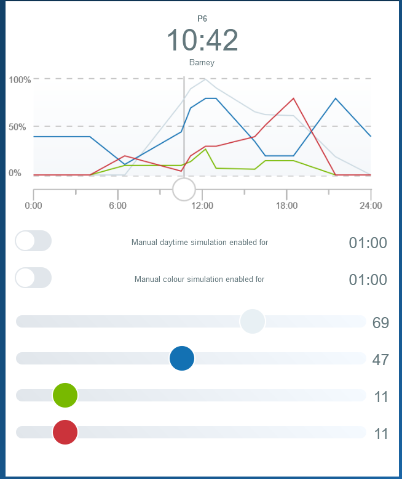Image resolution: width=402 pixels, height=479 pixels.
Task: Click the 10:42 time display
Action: point(202,41)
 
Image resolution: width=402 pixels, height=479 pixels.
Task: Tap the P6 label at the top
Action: point(202,18)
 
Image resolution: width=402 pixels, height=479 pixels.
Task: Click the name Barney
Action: point(202,62)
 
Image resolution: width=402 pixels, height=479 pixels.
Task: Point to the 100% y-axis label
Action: point(20,80)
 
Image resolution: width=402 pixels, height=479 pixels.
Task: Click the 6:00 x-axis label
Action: point(117,206)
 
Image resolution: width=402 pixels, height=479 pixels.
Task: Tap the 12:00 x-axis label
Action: point(202,206)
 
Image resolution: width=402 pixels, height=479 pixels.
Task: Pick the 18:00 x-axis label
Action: point(287,206)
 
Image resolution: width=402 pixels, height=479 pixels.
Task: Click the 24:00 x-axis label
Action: point(371,206)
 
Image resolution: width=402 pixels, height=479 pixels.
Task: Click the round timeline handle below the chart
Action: point(184,189)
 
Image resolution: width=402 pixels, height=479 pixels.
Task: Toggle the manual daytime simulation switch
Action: point(33,241)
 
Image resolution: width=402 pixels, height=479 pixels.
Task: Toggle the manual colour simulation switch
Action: point(33,278)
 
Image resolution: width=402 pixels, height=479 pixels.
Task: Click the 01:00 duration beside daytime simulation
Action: point(368,243)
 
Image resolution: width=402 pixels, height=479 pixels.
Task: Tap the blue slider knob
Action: point(182,358)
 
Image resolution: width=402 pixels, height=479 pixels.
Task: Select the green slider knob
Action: point(65,395)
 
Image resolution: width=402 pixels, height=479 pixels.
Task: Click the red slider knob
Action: point(65,432)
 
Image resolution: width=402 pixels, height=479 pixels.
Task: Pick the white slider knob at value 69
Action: point(253,321)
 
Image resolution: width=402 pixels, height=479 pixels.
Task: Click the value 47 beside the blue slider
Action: point(380,360)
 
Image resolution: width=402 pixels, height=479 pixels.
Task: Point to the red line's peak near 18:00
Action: point(294,99)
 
